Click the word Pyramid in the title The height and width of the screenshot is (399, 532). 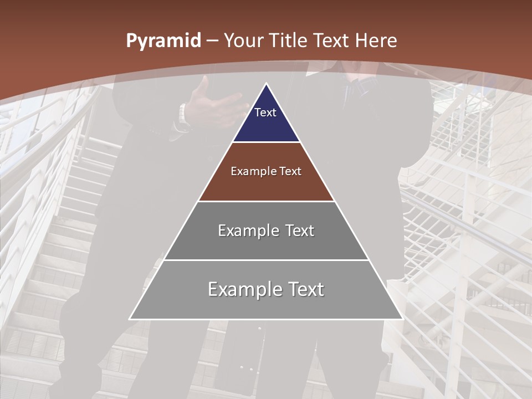[x=163, y=41]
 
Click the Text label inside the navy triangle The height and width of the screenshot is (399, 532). [x=265, y=112]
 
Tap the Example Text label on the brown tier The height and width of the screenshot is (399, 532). [x=266, y=171]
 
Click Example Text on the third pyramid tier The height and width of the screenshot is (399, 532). [x=266, y=231]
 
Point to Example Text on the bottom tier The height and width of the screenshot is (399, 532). [x=266, y=289]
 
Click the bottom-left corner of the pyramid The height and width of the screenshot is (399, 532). [x=130, y=319]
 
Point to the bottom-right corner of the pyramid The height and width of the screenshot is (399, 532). [x=402, y=319]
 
